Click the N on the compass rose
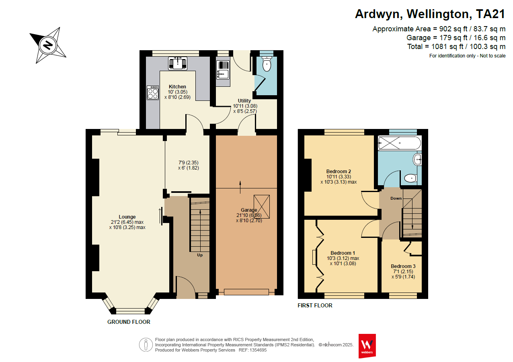[48, 45]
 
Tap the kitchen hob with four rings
[153, 93]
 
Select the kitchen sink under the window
[177, 63]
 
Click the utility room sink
[223, 70]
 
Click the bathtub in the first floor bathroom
[399, 143]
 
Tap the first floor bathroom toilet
[410, 178]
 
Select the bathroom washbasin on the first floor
[417, 159]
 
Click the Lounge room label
[127, 217]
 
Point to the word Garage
[249, 210]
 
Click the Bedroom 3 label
[403, 266]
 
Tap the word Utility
[244, 101]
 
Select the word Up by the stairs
[200, 255]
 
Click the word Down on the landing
[396, 198]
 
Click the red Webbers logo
[367, 346]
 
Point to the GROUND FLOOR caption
[129, 322]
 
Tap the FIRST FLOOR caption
[315, 305]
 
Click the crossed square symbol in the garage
[262, 207]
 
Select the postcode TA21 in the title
[490, 14]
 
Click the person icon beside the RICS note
[146, 345]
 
